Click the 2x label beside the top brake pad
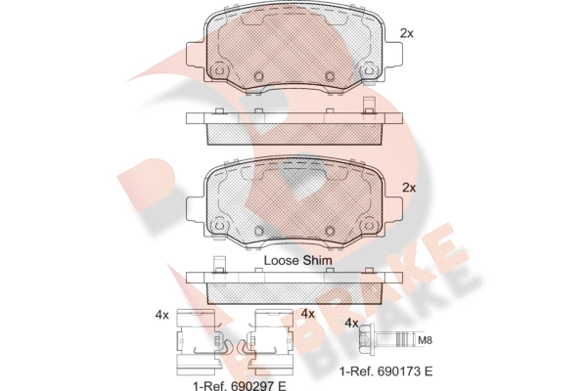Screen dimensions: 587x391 pyautogui.click(x=407, y=33)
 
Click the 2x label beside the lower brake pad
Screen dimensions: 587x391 pyautogui.click(x=409, y=188)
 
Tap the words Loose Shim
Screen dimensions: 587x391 pyautogui.click(x=298, y=260)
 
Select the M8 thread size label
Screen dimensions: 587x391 pyautogui.click(x=425, y=340)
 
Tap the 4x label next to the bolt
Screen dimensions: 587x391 pyautogui.click(x=351, y=323)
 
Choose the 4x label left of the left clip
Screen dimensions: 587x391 pyautogui.click(x=162, y=316)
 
